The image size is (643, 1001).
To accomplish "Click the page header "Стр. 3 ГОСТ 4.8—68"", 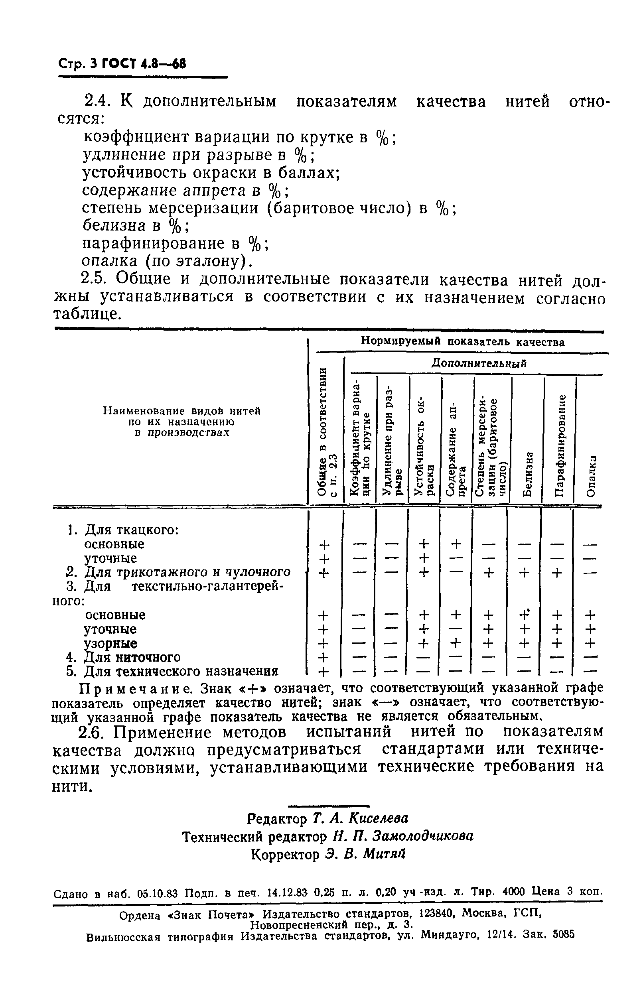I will (x=122, y=64).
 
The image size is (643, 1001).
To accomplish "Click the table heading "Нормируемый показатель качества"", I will (x=462, y=342).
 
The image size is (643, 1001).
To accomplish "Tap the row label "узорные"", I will (x=110, y=643).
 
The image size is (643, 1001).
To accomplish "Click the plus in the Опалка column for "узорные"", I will (x=589, y=643).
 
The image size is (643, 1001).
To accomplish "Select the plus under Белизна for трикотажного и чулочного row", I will (x=525, y=573).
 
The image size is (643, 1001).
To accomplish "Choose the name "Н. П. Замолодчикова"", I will (x=403, y=836).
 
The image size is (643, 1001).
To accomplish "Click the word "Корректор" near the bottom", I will (x=285, y=855).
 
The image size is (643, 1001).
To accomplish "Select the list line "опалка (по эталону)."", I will (x=167, y=261).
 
